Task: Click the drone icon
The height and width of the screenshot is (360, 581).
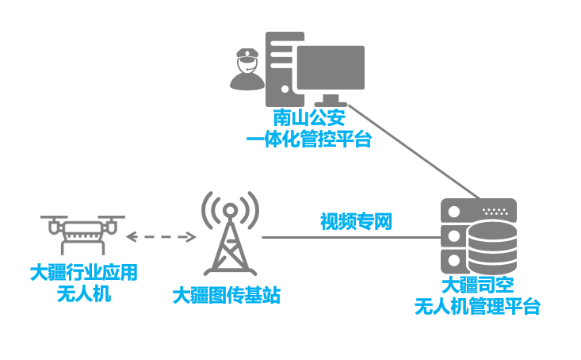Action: pyautogui.click(x=83, y=234)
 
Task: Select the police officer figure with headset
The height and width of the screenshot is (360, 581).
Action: pyautogui.click(x=247, y=69)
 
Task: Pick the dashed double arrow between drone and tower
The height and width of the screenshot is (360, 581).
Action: pyautogui.click(x=162, y=236)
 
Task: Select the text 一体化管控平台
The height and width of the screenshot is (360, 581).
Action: pyautogui.click(x=308, y=140)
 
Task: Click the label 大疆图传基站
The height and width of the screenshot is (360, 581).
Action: pyautogui.click(x=227, y=297)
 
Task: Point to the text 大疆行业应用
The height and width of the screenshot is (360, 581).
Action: pyautogui.click(x=83, y=274)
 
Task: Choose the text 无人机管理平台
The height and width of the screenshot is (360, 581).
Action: pyautogui.click(x=477, y=307)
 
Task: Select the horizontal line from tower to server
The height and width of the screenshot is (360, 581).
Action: pyautogui.click(x=349, y=237)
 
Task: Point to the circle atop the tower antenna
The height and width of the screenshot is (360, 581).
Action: pyautogui.click(x=230, y=210)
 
